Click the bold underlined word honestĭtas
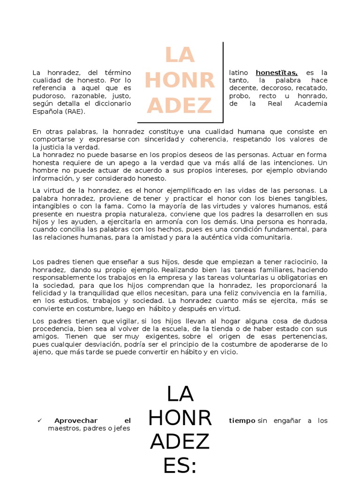pyautogui.click(x=277, y=73)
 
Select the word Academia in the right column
pyautogui.click(x=310, y=104)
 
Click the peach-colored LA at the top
pyautogui.click(x=180, y=56)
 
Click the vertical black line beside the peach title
pyautogui.click(x=223, y=82)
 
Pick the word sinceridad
pyautogui.click(x=160, y=139)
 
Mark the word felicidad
pyautogui.click(x=47, y=293)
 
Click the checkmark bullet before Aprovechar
pyautogui.click(x=39, y=420)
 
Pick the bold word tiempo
pyautogui.click(x=242, y=420)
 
